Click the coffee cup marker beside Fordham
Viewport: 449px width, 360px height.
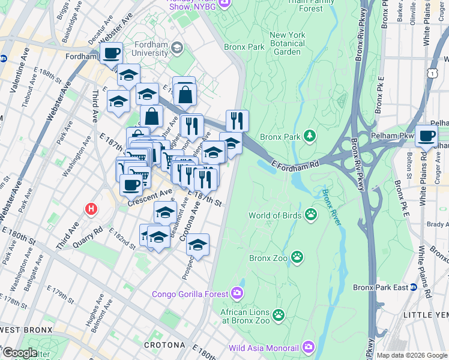coord(111,53)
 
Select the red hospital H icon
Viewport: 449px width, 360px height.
coord(91,209)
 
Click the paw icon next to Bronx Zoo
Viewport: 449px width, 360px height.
coord(297,258)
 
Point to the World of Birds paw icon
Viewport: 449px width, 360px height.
coord(311,214)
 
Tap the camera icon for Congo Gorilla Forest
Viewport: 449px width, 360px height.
coord(238,293)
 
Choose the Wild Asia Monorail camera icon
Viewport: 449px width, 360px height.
coord(309,347)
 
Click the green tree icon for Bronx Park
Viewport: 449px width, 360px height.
coord(310,137)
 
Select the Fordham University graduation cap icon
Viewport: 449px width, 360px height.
coord(177,47)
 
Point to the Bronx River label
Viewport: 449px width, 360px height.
coord(331,208)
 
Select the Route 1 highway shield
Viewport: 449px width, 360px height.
coord(432,71)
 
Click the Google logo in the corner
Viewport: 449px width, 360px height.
coord(19,352)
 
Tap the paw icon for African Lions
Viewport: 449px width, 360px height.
coord(278,314)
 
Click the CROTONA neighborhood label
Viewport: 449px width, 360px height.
coord(164,346)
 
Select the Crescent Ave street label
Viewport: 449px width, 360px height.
coord(150,197)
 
